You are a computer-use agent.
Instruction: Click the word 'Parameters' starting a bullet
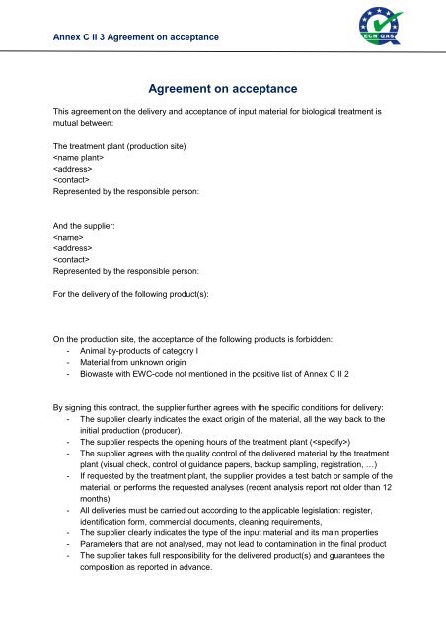tap(109, 561)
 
